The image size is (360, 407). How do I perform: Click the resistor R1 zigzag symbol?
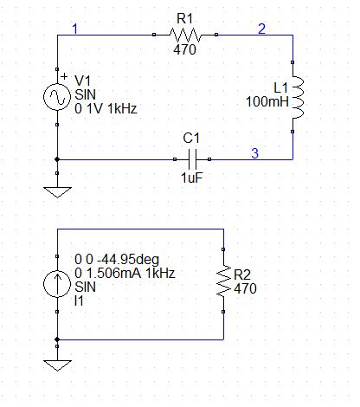point(185,35)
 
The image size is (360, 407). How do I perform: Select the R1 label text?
point(184,19)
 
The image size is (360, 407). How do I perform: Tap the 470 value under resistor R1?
point(184,49)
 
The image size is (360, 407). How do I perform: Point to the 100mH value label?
point(267,101)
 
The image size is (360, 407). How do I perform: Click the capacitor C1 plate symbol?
point(192,159)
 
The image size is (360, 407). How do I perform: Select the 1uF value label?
point(192,178)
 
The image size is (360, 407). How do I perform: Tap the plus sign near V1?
point(64,76)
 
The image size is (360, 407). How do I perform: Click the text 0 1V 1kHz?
point(106,109)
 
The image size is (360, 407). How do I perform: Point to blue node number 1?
point(75,29)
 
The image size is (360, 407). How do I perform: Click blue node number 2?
point(261,29)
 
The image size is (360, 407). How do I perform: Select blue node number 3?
point(254,153)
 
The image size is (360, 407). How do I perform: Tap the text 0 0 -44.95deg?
point(117,259)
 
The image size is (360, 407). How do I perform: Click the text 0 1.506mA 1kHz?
point(125,273)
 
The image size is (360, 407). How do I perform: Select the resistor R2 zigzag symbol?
point(224,281)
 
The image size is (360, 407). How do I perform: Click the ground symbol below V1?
point(57,192)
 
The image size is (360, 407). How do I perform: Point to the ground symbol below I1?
point(57,365)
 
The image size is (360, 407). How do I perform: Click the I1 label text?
point(79,301)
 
